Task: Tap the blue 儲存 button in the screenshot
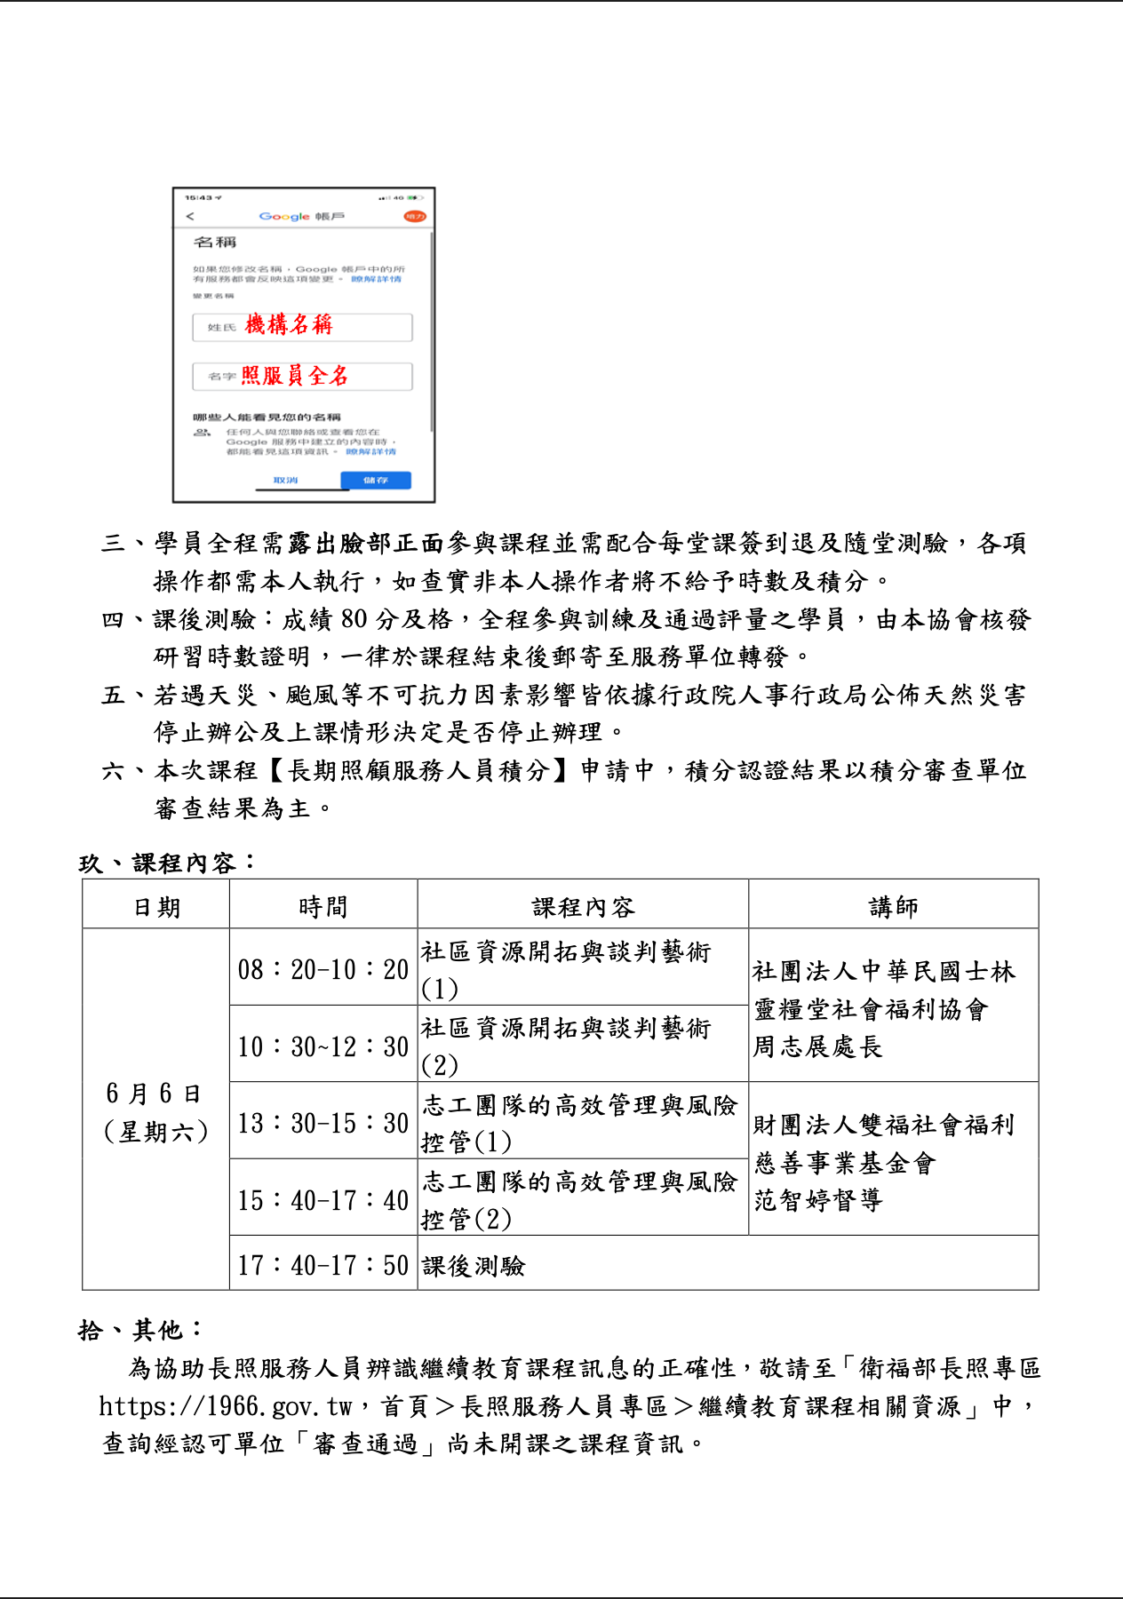click(x=376, y=481)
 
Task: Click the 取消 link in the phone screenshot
click(x=285, y=481)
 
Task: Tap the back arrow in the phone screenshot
click(x=189, y=217)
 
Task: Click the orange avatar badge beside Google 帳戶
click(x=414, y=217)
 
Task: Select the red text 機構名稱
click(x=289, y=325)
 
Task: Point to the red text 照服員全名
click(x=294, y=376)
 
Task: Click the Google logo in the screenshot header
click(x=284, y=217)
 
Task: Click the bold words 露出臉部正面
click(x=366, y=543)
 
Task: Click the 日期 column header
click(x=156, y=907)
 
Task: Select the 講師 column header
click(x=893, y=907)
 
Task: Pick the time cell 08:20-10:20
click(x=323, y=969)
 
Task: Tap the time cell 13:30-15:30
click(x=323, y=1123)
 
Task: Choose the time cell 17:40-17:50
click(x=323, y=1265)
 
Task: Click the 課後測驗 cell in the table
click(x=474, y=1266)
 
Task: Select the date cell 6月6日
click(x=154, y=1094)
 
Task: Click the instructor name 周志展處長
click(x=817, y=1046)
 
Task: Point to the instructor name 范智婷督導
click(x=817, y=1200)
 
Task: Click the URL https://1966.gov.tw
click(x=226, y=1406)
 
